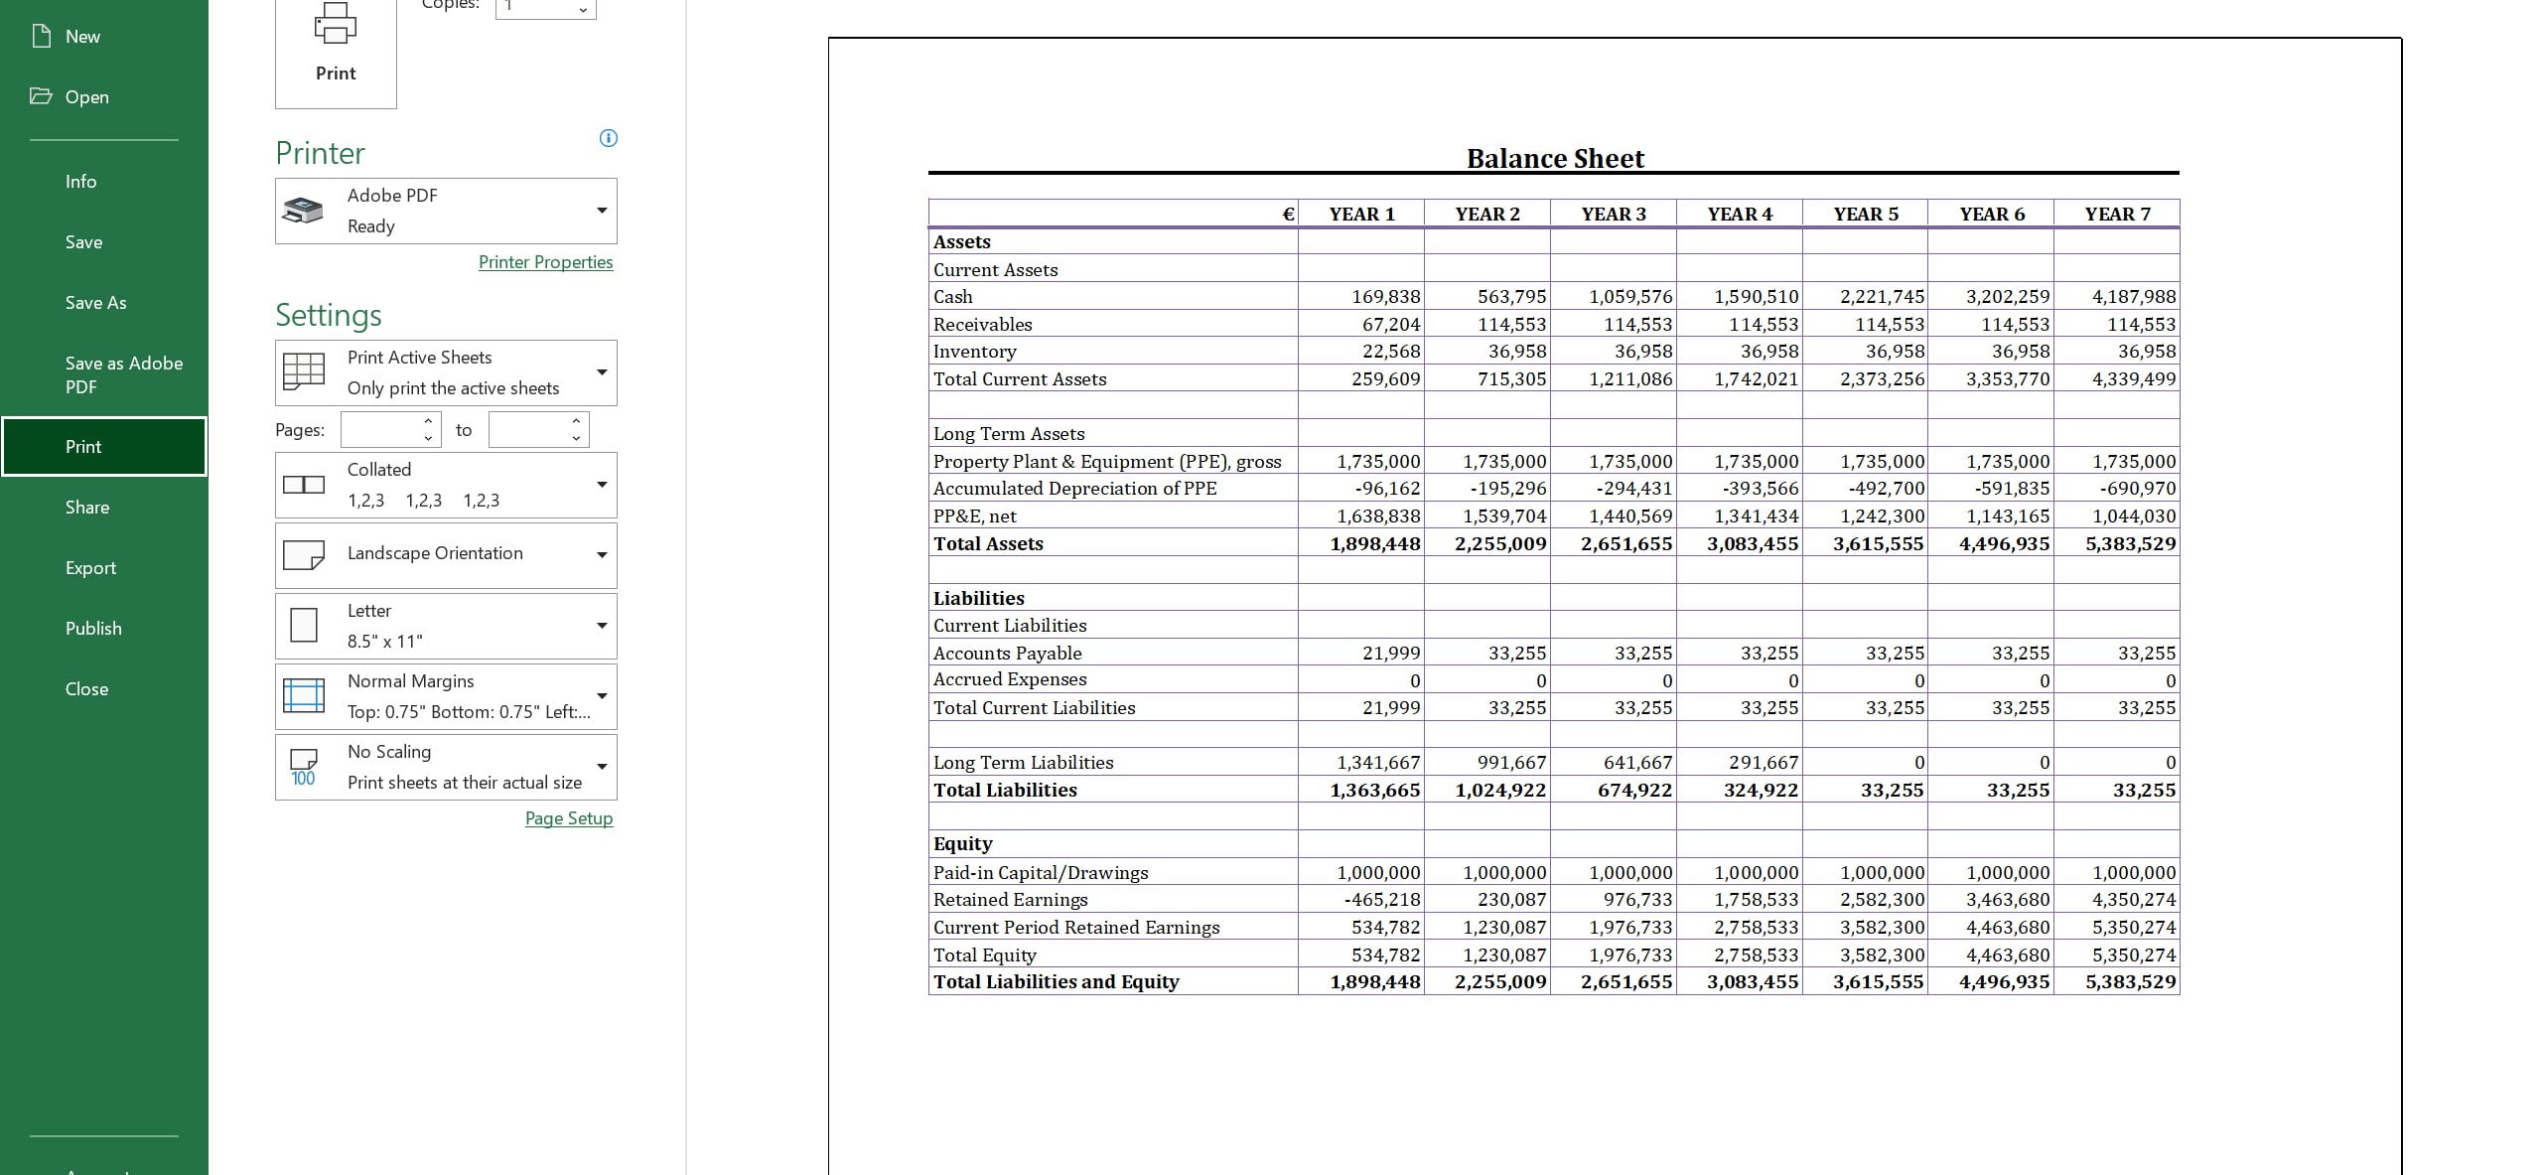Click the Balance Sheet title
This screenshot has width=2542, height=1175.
1555,159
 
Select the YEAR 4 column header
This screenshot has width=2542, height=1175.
1740,215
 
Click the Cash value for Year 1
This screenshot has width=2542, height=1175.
1385,297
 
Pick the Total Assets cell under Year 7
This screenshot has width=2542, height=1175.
2130,544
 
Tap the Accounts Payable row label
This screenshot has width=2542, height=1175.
1007,654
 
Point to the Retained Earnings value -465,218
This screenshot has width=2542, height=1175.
1381,900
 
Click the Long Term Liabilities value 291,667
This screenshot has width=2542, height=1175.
1764,763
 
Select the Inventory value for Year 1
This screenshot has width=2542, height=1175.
1390,352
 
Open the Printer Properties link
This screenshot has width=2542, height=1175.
545,262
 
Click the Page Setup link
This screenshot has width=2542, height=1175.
568,818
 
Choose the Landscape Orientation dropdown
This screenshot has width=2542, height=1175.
446,554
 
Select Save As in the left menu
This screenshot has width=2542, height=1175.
95,303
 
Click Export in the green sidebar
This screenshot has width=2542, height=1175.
90,568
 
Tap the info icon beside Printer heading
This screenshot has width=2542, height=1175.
609,138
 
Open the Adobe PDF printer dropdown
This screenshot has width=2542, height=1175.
446,211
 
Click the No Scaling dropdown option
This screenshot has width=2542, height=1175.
446,767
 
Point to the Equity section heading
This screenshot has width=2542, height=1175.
962,844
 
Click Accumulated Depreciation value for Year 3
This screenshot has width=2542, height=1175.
1633,489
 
